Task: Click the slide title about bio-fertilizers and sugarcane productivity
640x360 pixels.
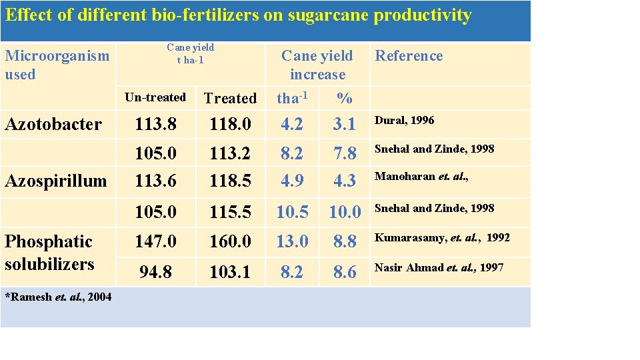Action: point(239,15)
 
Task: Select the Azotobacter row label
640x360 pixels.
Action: point(53,124)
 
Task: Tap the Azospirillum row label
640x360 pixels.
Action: point(55,181)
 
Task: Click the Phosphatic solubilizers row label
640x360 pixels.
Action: point(49,253)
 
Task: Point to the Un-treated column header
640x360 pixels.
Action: point(155,97)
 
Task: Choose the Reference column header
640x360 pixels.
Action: point(409,56)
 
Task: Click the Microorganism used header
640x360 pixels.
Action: point(57,65)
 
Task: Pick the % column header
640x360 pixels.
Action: point(344,99)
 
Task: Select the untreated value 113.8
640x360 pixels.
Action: point(155,125)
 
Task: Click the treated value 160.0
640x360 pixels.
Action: point(230,241)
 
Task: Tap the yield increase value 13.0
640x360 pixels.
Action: point(293,241)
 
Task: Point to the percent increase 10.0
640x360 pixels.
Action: point(345,212)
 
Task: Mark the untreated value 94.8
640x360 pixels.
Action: point(155,271)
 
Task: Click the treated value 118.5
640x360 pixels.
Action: point(230,181)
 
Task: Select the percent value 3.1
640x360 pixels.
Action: point(345,125)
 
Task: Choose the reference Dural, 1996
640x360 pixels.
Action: point(404,121)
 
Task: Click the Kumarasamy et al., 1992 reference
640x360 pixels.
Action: point(442,238)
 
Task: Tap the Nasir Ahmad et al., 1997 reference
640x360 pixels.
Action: point(439,268)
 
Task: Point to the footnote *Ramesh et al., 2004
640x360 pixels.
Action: point(58,297)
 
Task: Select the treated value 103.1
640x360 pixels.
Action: point(230,271)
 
